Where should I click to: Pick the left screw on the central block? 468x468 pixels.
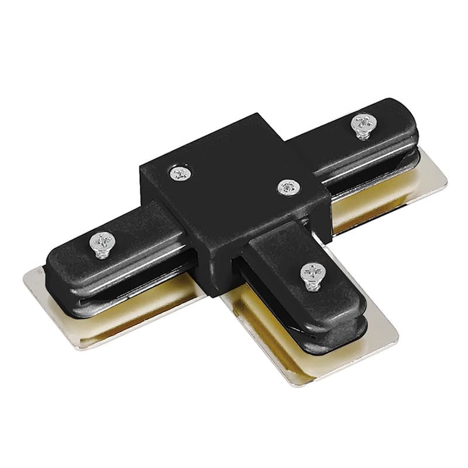(180, 173)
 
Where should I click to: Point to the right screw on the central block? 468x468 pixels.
(286, 187)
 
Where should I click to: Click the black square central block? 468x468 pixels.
(234, 199)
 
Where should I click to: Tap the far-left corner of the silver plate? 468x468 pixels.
(26, 275)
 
